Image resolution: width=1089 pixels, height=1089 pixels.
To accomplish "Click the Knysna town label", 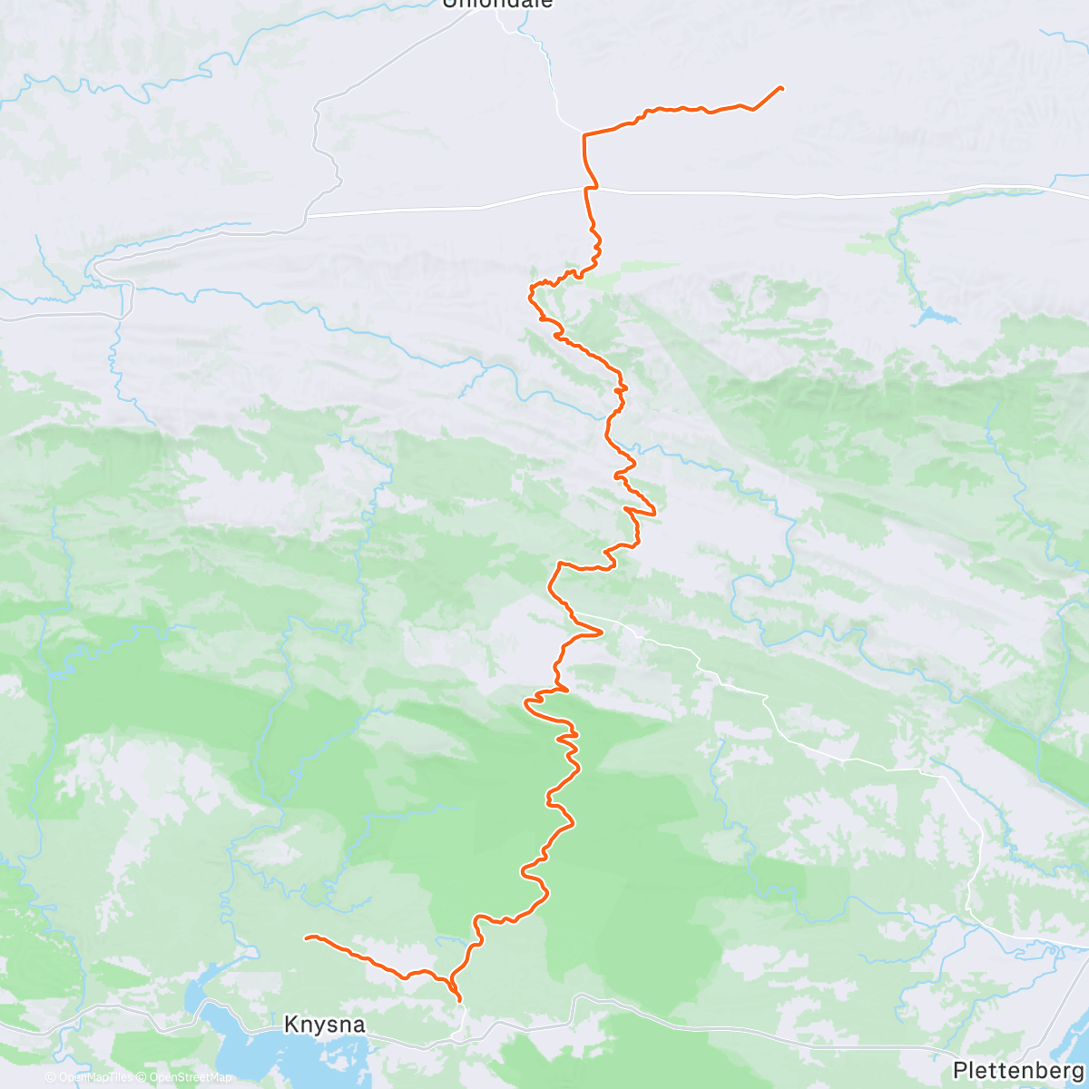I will coord(324,1025).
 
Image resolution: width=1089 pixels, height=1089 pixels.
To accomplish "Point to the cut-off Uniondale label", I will coord(497,4).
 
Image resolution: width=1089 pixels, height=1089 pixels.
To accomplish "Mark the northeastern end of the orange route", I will coord(781,87).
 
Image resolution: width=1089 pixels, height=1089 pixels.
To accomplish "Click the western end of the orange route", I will coord(306,937).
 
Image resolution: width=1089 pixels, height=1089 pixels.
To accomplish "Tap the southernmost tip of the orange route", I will coord(460,1001).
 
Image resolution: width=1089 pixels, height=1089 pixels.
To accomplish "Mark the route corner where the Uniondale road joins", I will coord(584,134).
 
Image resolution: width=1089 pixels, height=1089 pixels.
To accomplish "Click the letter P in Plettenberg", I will coord(960,1070).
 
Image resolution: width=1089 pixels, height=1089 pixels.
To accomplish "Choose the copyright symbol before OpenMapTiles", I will coord(51,1078).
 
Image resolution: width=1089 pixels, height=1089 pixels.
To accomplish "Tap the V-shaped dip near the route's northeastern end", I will coord(753,110).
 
